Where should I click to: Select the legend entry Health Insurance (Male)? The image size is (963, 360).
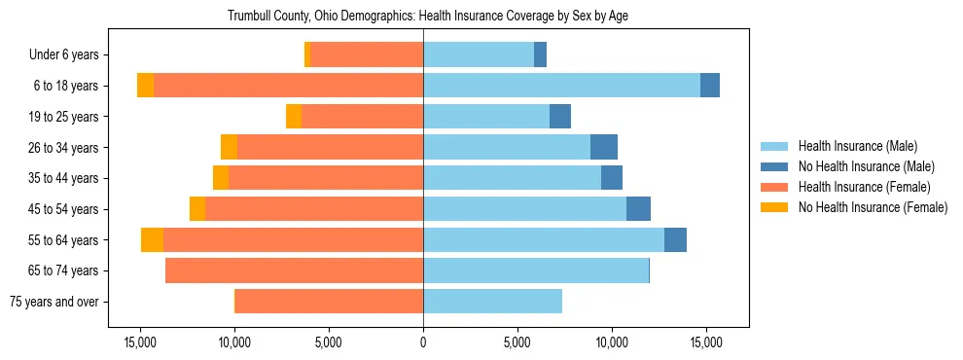tap(857, 147)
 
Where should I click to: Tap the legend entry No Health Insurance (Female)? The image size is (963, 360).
tap(872, 207)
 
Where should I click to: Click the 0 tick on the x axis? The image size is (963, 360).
tap(423, 343)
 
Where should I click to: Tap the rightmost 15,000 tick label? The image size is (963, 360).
tap(705, 343)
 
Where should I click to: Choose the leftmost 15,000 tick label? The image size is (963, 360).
tap(140, 343)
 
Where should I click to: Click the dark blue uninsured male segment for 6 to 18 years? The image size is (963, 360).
tap(710, 86)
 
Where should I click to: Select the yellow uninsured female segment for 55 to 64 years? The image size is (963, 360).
tap(152, 239)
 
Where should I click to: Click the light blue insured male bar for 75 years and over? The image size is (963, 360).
tap(492, 302)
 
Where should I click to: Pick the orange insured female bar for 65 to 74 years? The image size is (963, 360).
tap(294, 270)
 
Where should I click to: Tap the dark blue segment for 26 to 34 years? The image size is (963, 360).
tap(604, 147)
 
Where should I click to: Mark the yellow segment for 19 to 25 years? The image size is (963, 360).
tap(294, 117)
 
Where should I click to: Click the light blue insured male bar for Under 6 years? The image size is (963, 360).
tap(479, 55)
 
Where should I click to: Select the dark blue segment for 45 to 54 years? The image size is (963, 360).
tap(638, 209)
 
